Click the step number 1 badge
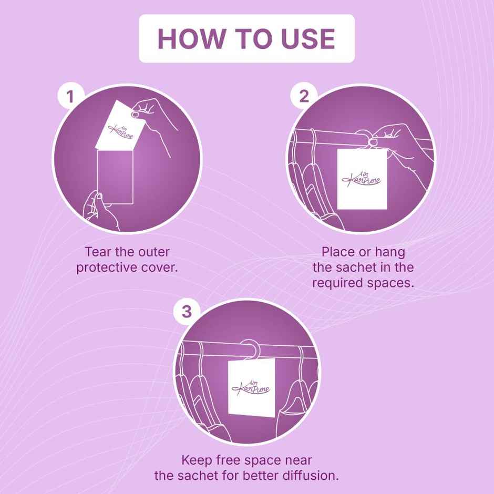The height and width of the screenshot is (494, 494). [x=70, y=96]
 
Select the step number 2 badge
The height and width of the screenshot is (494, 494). [x=304, y=96]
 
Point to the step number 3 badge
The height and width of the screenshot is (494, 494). [x=187, y=311]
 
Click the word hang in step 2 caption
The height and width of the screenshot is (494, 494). [x=390, y=252]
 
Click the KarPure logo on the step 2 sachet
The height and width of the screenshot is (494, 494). [x=362, y=179]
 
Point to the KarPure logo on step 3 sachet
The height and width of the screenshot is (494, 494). [x=251, y=387]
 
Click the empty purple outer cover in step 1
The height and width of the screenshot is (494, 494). [x=115, y=177]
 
